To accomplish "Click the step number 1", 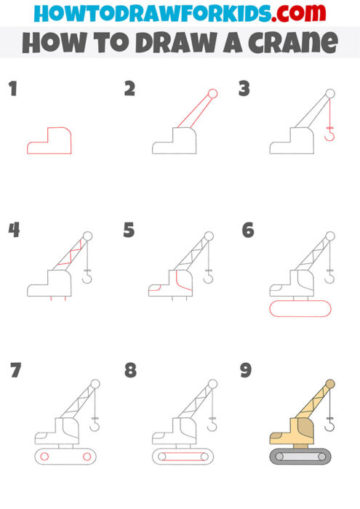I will [x=12, y=89].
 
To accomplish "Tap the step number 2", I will [x=129, y=89].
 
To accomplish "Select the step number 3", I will [x=244, y=89].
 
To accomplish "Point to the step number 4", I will [x=14, y=230].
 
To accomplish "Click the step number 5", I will [x=129, y=231].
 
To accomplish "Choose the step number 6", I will [x=248, y=231].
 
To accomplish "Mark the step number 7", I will [x=15, y=370].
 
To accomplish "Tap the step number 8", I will [x=130, y=370].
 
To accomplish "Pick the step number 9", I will [x=246, y=370].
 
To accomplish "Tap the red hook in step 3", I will [x=330, y=134].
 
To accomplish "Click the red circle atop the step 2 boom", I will [x=213, y=93].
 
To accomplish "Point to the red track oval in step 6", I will [x=300, y=310].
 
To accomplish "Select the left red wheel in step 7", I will [x=44, y=457].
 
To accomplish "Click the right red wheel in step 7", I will [x=87, y=457].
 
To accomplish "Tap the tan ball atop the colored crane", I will [x=330, y=383].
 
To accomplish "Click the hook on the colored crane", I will [x=330, y=424].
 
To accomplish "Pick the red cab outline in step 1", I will [x=49, y=141].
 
